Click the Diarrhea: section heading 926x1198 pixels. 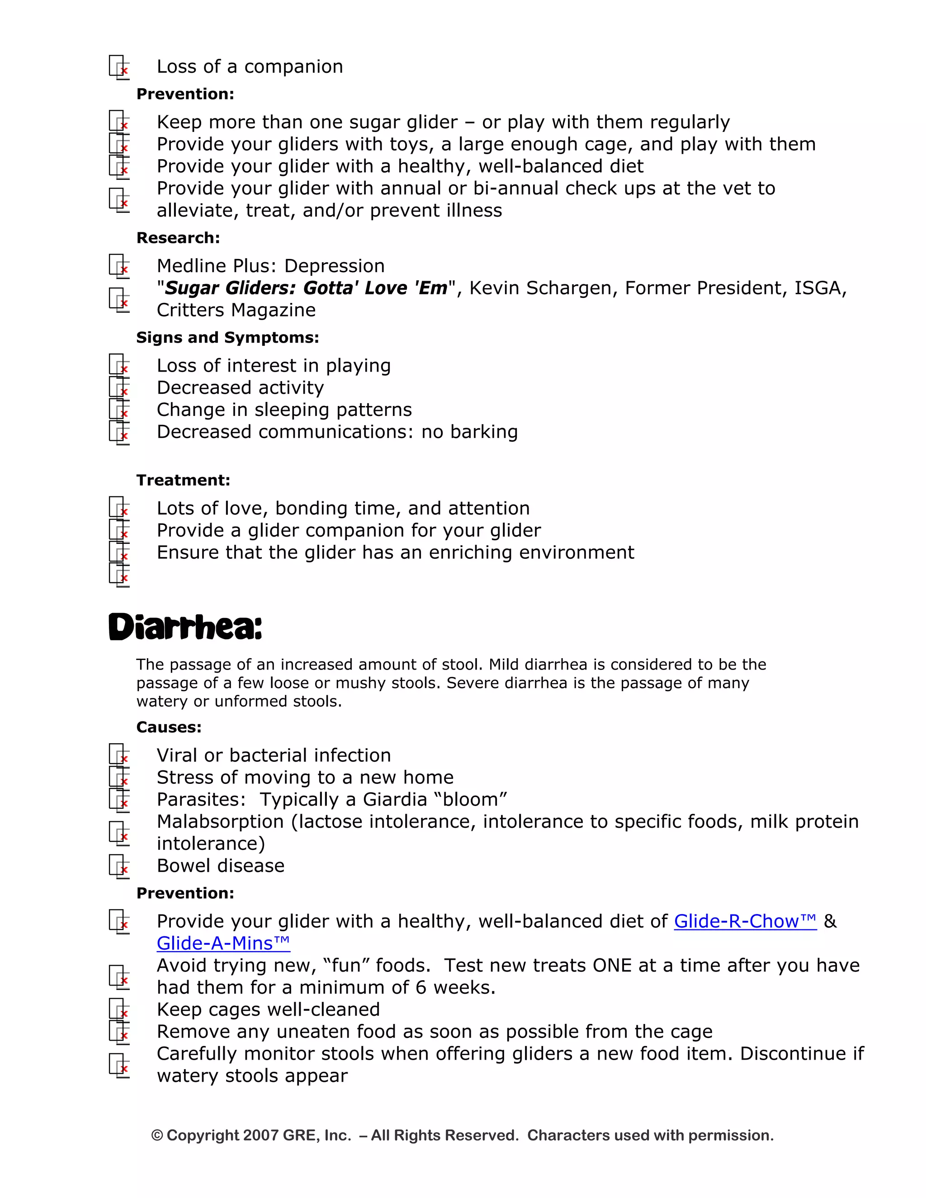click(185, 627)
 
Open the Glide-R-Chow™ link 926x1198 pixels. click(745, 921)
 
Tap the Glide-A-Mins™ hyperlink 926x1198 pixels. click(223, 943)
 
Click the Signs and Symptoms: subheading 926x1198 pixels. click(227, 337)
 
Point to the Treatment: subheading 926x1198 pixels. click(183, 480)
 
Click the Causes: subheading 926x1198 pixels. click(168, 727)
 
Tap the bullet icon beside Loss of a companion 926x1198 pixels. click(119, 67)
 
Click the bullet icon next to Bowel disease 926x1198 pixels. click(119, 866)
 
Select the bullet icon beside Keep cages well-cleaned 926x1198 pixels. click(119, 1010)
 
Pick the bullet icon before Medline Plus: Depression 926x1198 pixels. click(119, 266)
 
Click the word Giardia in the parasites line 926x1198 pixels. click(395, 799)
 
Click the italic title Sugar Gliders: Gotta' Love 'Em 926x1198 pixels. click(306, 288)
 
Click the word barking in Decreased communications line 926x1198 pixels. click(484, 432)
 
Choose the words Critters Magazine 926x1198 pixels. click(236, 310)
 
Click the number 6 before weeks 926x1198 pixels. click(421, 987)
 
